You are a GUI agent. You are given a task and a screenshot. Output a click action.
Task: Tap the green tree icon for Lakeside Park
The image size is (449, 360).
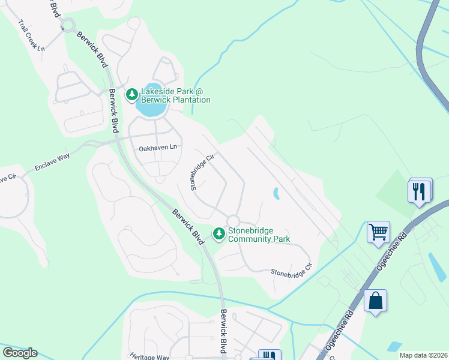[131, 94]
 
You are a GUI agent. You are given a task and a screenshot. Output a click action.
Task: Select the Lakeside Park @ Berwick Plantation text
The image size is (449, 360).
[175, 96]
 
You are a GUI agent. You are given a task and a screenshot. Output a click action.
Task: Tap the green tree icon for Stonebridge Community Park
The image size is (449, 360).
[220, 233]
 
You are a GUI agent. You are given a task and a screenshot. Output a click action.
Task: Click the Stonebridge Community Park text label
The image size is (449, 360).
[259, 234]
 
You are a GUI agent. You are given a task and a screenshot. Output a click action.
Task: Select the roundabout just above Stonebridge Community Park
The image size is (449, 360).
[233, 221]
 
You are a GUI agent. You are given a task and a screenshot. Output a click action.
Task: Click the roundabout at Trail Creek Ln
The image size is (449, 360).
[67, 26]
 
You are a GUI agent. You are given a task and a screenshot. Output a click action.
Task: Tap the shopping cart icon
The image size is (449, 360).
[378, 231]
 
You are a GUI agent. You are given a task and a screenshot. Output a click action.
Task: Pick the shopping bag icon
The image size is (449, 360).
[375, 300]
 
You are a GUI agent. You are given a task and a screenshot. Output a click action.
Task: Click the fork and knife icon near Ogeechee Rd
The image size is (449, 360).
[420, 191]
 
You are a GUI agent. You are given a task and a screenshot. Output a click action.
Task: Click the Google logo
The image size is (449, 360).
[20, 353]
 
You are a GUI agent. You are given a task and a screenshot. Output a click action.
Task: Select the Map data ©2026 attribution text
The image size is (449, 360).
[423, 355]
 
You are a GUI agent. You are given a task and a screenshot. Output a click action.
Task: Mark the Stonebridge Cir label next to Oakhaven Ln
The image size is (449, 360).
[202, 172]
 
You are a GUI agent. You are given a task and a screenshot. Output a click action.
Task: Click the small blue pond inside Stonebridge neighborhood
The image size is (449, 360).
[276, 193]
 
